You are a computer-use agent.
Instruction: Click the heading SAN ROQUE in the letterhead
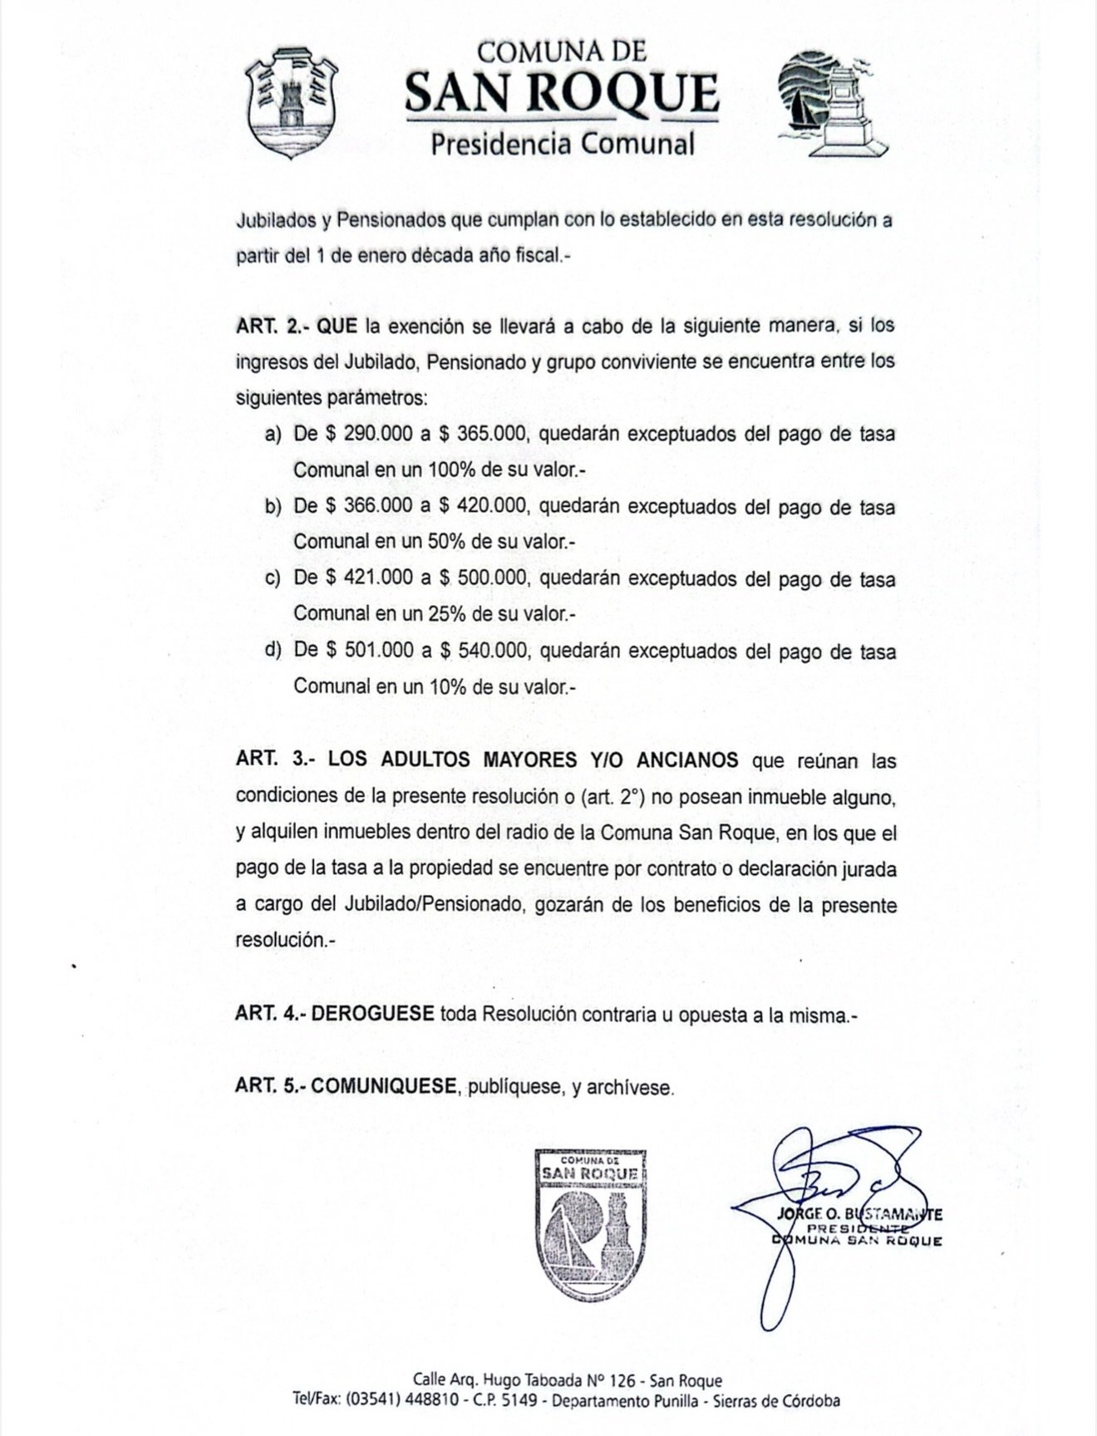coord(562,93)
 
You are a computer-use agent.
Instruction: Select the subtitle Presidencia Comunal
coord(562,144)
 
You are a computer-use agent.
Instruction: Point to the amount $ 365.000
coord(483,435)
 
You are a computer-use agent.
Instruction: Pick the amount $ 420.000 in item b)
coord(483,506)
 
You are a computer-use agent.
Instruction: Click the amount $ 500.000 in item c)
coord(483,578)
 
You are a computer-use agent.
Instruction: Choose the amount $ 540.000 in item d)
coord(483,650)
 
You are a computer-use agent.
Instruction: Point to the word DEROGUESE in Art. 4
coord(373,1014)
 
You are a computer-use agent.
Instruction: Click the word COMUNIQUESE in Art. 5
coord(385,1086)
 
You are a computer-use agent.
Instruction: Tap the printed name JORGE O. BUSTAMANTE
coord(859,1214)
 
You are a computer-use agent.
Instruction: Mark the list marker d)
coord(273,650)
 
